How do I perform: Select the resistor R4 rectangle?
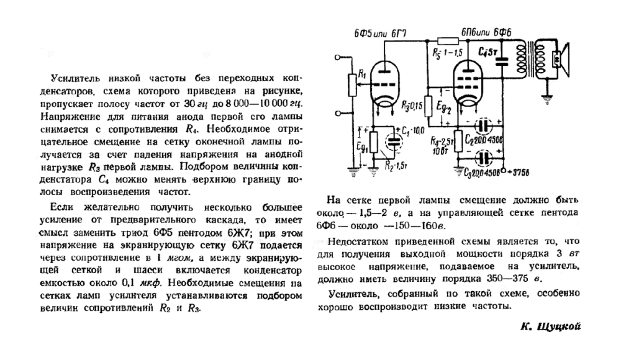click(458, 139)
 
